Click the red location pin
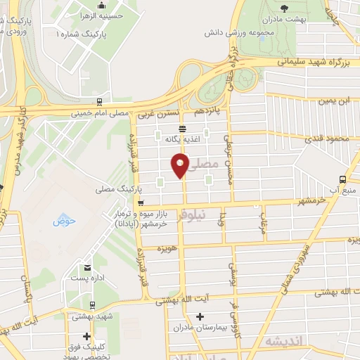179,165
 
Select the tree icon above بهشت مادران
284,8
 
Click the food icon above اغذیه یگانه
183,129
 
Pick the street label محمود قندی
330,139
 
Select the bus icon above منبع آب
342,179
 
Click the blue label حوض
62,223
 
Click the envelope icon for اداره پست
86,268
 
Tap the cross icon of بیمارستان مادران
200,317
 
